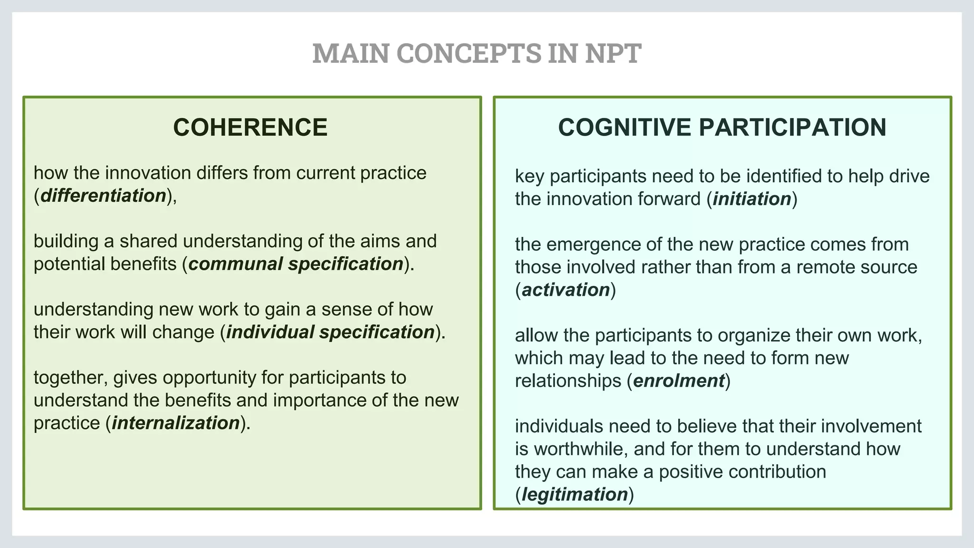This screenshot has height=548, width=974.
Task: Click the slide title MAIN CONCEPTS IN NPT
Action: [477, 53]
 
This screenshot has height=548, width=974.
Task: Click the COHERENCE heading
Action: [250, 127]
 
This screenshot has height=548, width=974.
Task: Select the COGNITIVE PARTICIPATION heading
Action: [722, 127]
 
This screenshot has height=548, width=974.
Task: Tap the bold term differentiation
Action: [103, 196]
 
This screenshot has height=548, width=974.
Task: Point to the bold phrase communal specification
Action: [296, 264]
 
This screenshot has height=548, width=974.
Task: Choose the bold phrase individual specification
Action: [330, 332]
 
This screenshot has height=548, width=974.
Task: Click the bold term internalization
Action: [175, 423]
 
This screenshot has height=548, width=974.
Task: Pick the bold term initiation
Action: [752, 199]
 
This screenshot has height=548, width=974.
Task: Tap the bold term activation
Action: [566, 290]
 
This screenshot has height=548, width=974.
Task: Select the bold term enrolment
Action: [679, 381]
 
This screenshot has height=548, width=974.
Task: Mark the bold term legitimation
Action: [575, 494]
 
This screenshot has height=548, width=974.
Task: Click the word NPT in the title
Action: [613, 53]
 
